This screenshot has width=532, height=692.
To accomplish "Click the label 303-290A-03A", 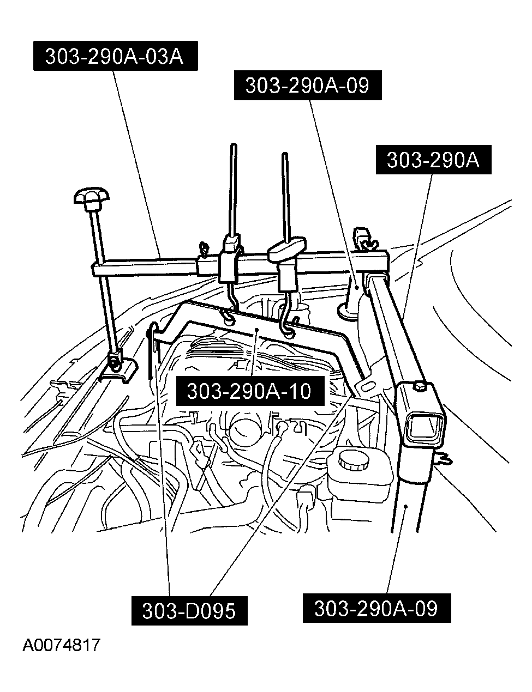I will pos(114,57).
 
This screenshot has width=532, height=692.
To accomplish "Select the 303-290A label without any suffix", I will pos(433,160).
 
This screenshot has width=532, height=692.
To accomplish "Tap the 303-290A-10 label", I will pos(249,391).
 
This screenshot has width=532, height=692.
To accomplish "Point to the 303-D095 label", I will pos(189,610).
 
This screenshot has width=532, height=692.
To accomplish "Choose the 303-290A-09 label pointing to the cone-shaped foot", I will pos(307,86).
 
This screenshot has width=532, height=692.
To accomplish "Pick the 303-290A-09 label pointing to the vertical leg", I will pos(376,608).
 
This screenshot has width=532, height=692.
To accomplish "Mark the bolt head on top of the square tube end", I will pos(419,387).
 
